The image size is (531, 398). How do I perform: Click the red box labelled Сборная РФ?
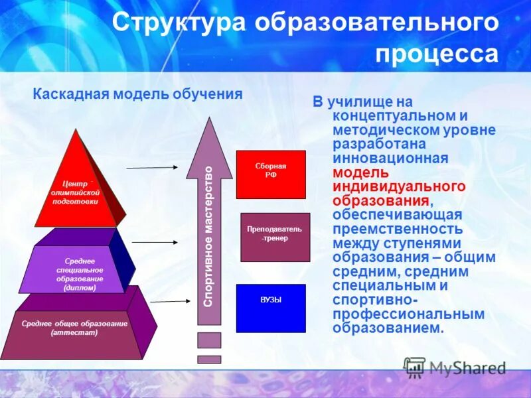tap(271, 174)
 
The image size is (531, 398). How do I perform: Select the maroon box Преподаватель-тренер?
tap(275, 237)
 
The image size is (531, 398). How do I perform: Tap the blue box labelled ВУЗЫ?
tap(271, 308)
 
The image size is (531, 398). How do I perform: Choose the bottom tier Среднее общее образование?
tap(74, 328)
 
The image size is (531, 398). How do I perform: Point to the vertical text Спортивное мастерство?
tap(208, 236)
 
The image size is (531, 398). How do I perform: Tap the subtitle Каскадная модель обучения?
tap(137, 94)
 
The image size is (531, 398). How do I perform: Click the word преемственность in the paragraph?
tap(398, 230)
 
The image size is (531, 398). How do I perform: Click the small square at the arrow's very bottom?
tap(209, 359)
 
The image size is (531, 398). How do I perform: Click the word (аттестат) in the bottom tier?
tap(74, 332)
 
